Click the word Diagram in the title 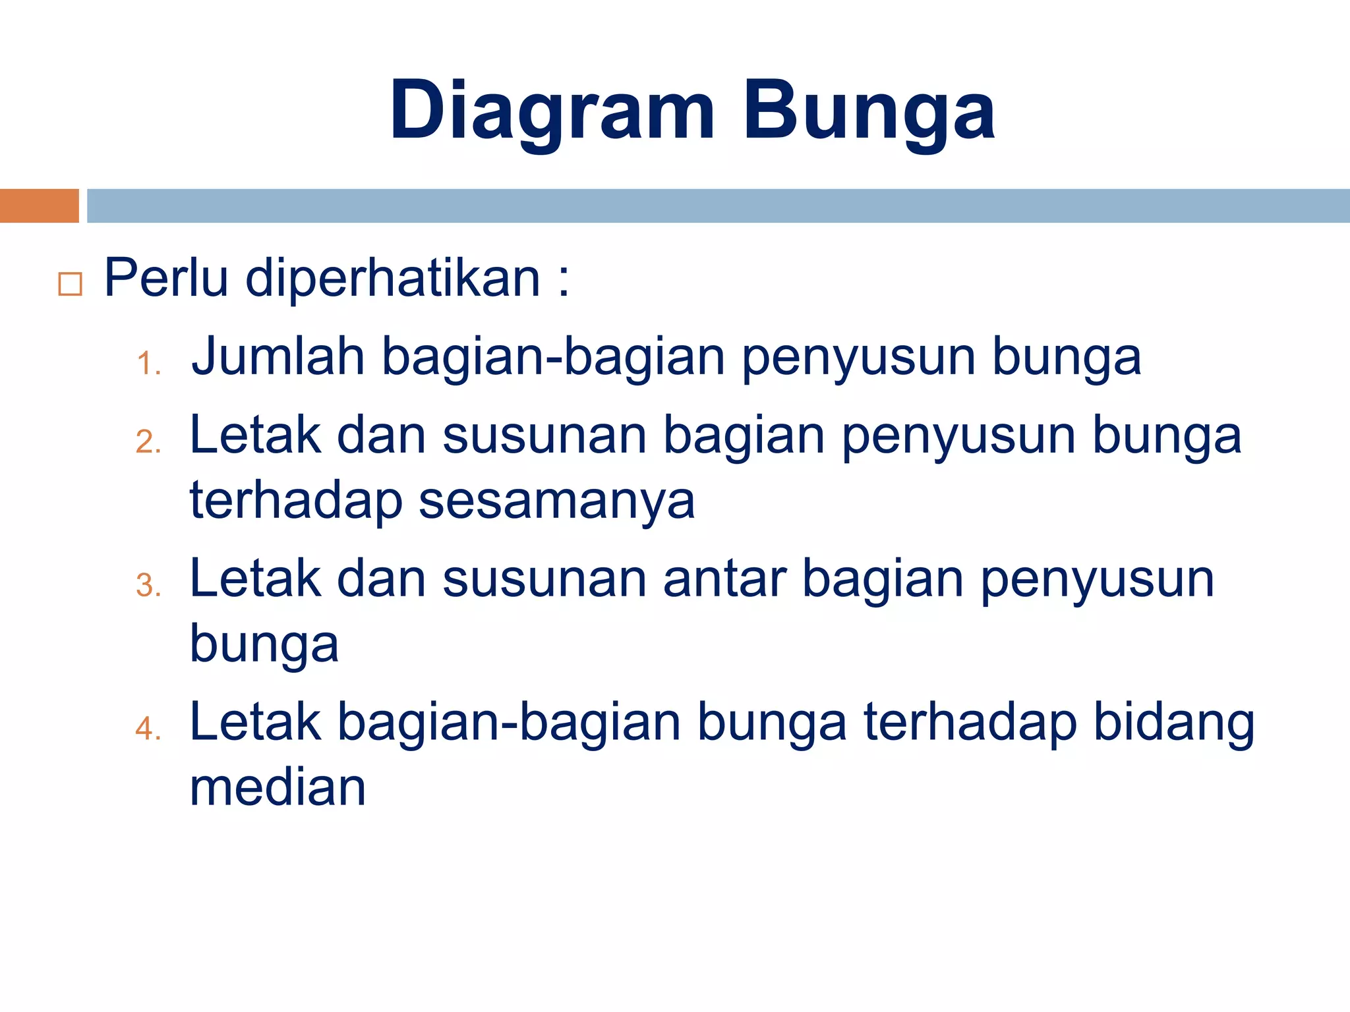[x=552, y=111]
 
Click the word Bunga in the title [x=869, y=111]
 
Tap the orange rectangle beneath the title [x=39, y=206]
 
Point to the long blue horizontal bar [x=718, y=206]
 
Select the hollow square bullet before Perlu [x=70, y=284]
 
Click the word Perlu [x=166, y=278]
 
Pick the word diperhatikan [x=393, y=278]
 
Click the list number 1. [x=148, y=364]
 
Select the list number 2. [x=148, y=442]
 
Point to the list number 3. [x=148, y=586]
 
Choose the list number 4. [x=148, y=729]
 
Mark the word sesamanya [x=557, y=501]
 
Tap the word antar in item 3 [x=724, y=578]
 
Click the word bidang [x=1174, y=723]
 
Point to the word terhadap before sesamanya [x=296, y=501]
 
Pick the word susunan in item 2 [x=544, y=436]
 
